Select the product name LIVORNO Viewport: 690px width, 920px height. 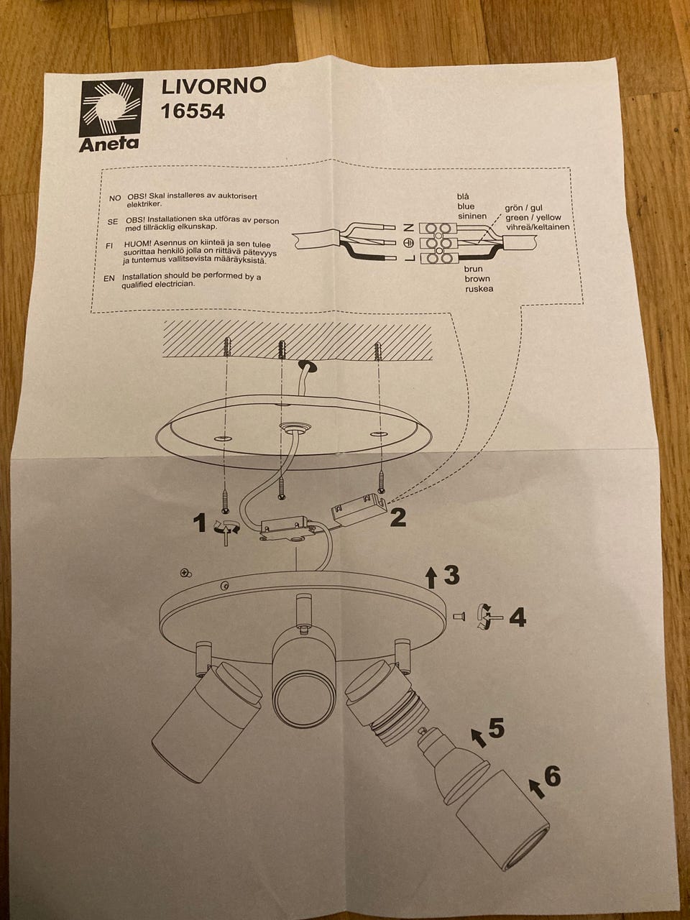[213, 86]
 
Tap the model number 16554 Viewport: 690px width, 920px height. [193, 111]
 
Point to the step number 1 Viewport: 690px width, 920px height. [201, 523]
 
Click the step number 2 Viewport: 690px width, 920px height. [398, 517]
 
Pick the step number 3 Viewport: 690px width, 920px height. [451, 574]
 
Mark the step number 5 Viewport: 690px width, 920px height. [496, 729]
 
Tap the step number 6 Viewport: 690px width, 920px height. [552, 776]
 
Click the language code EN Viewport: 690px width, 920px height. [109, 278]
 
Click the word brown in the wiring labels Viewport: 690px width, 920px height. [477, 279]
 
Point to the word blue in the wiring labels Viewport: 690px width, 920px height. [466, 206]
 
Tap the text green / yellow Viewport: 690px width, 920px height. [533, 218]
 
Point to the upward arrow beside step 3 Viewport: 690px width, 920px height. [431, 575]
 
